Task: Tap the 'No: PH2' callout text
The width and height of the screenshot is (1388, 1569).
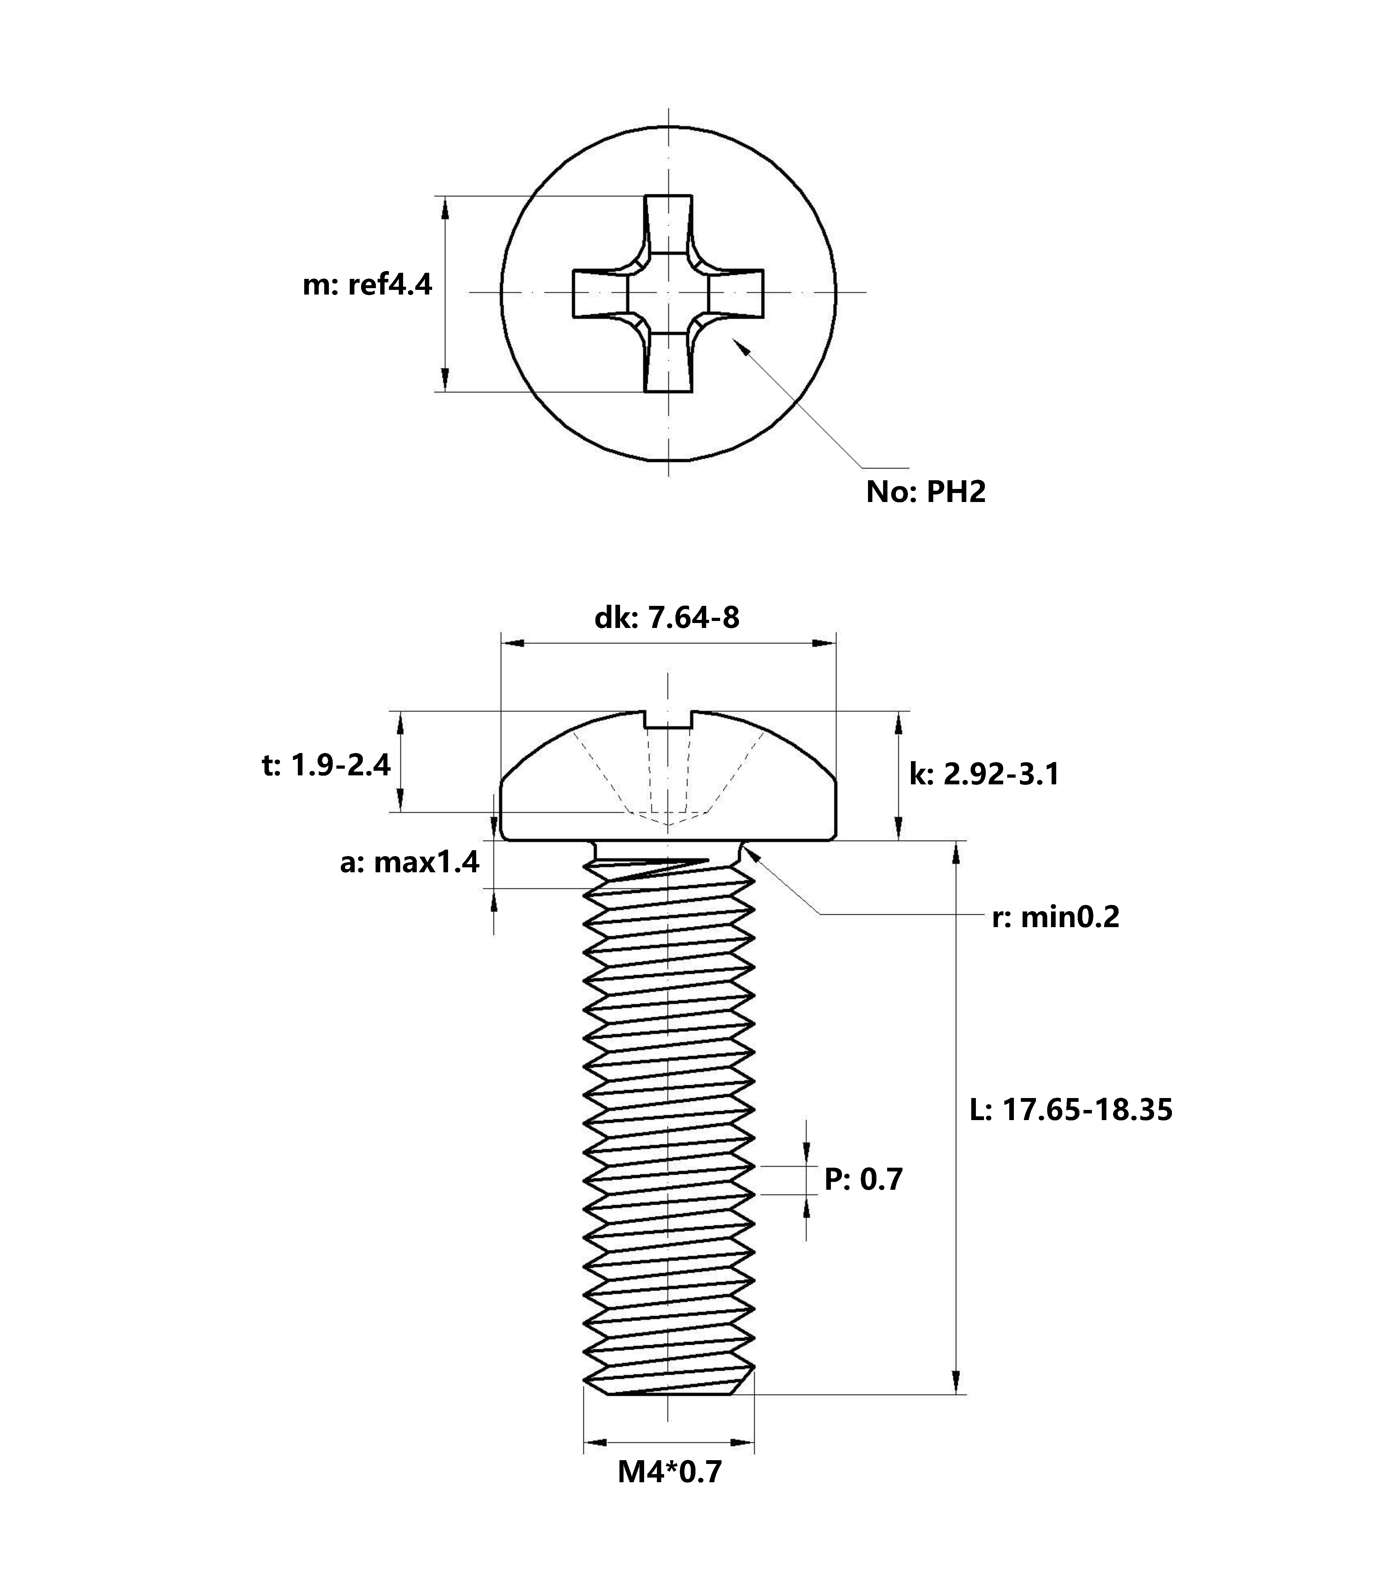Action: coord(925,492)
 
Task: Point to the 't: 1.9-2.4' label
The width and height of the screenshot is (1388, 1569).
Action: coord(326,765)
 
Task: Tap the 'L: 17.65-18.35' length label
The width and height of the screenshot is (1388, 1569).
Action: coord(1070,1110)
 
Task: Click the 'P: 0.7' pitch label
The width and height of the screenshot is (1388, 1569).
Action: coord(863,1179)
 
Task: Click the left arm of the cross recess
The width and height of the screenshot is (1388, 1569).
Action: coord(600,293)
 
